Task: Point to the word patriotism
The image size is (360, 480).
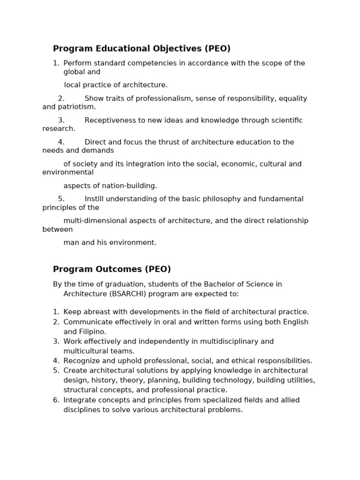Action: (77, 107)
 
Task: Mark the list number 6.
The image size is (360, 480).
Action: (55, 400)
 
